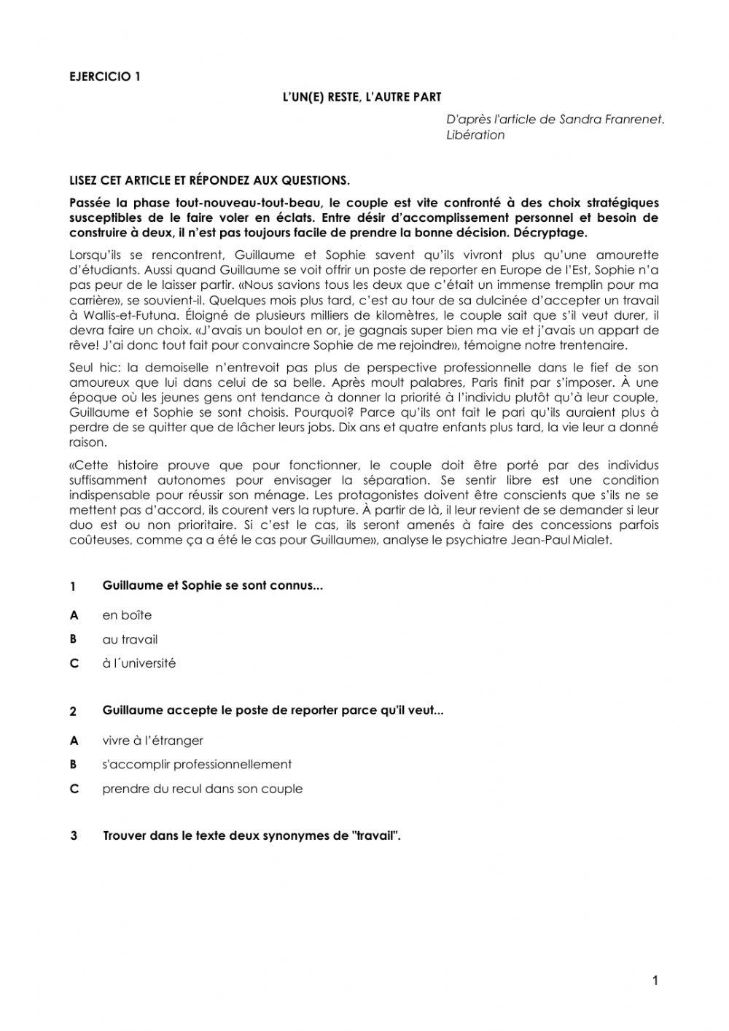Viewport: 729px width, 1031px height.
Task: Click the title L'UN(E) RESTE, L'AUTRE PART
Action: point(362,96)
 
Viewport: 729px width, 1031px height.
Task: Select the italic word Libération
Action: point(475,135)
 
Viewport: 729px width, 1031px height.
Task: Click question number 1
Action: point(73,587)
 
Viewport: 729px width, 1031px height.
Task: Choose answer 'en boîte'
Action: point(127,615)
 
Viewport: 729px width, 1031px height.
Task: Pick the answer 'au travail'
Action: point(130,639)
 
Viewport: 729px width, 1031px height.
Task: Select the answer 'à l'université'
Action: point(139,663)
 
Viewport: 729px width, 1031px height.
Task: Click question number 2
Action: point(73,711)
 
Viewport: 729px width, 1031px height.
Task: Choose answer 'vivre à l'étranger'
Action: point(152,740)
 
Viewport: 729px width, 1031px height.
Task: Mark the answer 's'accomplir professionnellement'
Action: point(197,764)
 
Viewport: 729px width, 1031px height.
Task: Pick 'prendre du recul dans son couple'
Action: point(202,788)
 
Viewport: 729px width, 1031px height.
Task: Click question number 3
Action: point(74,836)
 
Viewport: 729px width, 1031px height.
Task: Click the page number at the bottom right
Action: point(655,981)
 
